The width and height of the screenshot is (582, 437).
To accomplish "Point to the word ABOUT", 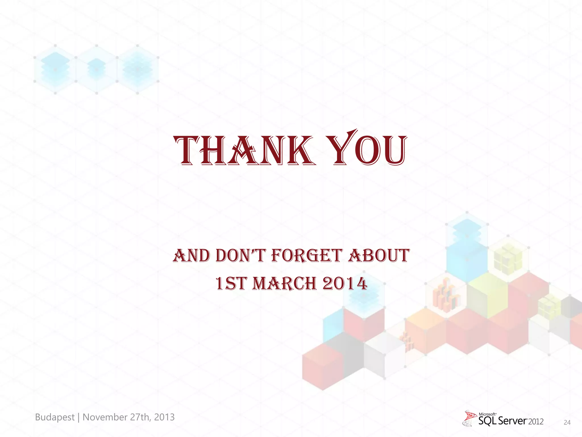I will [379, 255].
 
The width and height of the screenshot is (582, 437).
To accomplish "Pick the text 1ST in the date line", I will [230, 284].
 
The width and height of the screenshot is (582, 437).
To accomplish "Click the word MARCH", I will [284, 284].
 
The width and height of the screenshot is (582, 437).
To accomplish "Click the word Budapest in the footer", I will [55, 417].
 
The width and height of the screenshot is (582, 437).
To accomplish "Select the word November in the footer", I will [105, 417].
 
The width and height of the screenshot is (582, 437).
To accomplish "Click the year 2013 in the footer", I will [164, 417].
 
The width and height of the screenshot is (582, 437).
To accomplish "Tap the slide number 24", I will [567, 422].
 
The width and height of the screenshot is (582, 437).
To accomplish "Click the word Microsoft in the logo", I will [488, 414].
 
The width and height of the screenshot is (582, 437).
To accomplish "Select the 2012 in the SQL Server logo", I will [536, 422].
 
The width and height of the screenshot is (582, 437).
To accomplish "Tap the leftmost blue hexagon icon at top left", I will [55, 69].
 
